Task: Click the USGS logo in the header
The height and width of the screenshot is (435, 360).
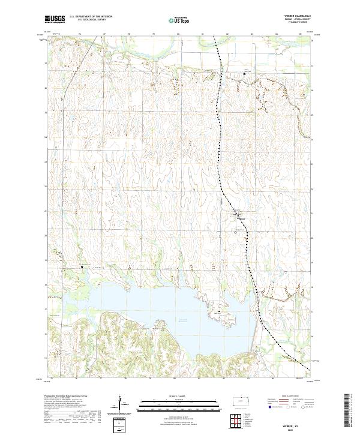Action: pos(55,19)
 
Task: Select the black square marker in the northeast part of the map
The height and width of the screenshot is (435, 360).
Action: pos(244,73)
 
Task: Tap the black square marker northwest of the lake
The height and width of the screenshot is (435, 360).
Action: pos(82,267)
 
